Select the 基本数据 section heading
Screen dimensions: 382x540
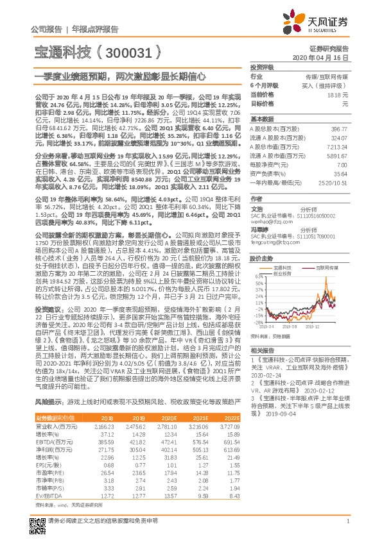pyautogui.click(x=262, y=119)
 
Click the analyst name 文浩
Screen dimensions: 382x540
pyautogui.click(x=256, y=208)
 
